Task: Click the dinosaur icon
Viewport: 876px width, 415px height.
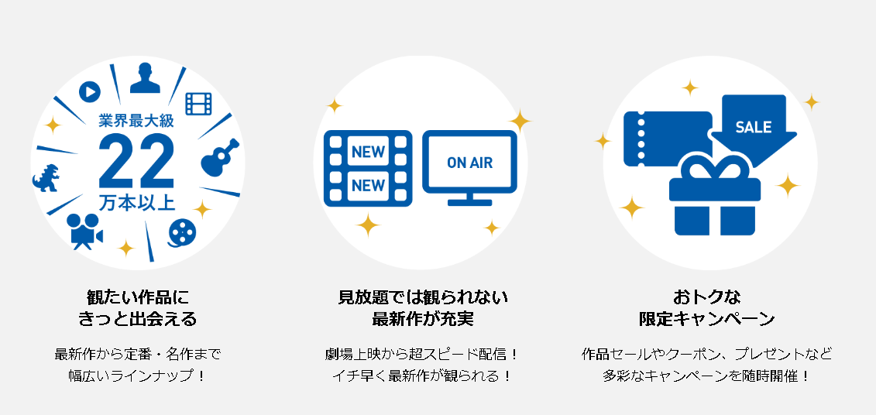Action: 46,178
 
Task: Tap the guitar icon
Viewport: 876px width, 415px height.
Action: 219,157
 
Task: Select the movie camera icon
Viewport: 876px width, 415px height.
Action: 84,231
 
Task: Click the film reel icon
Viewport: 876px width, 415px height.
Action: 182,232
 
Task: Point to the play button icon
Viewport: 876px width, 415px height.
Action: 89,91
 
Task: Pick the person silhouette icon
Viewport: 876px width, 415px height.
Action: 146,77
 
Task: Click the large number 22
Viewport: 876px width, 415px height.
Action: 137,161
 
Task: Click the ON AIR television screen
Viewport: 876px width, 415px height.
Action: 470,163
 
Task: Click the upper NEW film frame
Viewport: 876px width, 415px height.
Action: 368,151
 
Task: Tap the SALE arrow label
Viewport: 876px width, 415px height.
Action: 754,127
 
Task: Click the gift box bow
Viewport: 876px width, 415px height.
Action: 715,167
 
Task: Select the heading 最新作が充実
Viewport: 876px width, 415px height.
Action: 423,319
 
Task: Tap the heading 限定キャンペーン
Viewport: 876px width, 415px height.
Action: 707,319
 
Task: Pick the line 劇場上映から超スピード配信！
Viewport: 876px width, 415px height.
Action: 422,354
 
